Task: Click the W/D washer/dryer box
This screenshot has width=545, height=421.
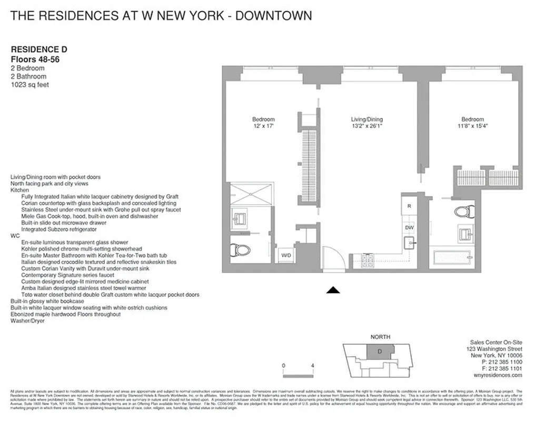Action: pos(286,255)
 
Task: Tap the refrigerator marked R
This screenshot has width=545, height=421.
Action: pos(409,206)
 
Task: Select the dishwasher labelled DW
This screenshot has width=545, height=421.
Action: pos(409,227)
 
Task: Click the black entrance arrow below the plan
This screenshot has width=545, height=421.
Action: pos(333,289)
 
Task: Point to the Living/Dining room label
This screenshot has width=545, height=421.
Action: pos(367,119)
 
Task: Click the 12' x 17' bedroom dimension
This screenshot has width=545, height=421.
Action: pos(263,126)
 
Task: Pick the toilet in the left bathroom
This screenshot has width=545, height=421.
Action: pos(240,249)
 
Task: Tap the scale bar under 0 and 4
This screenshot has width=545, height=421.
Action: pos(298,375)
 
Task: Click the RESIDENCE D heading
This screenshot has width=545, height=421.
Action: pos(39,49)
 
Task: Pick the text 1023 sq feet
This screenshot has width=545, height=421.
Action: pos(30,84)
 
